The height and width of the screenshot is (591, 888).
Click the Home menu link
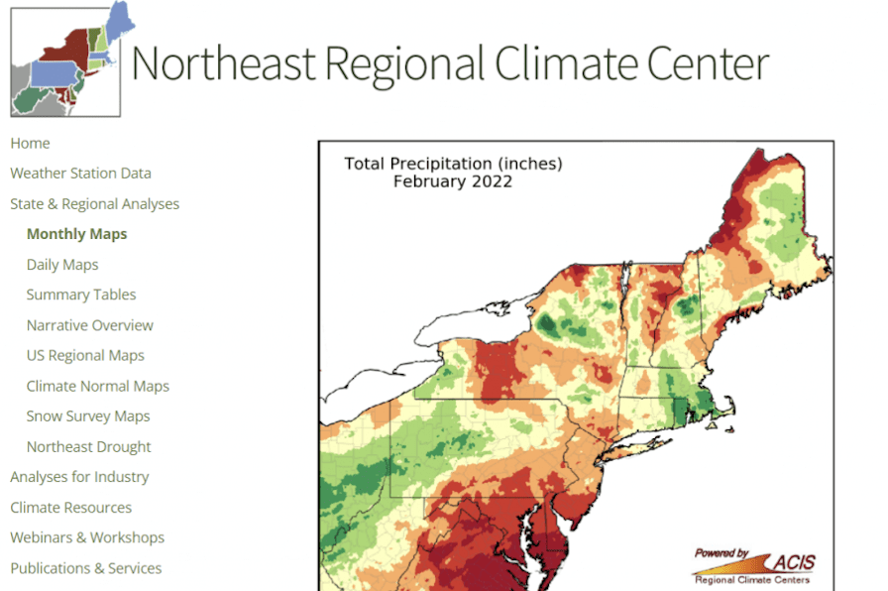30,143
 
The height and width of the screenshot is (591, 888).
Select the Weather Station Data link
80,174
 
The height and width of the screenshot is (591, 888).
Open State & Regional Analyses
94,204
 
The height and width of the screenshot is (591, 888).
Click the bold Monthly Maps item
76,234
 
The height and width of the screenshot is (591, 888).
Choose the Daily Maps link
62,265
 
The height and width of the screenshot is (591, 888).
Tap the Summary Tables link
81,295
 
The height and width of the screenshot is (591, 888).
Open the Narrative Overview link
90,325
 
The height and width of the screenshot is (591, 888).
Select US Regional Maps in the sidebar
85,355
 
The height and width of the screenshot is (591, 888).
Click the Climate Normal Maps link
98,386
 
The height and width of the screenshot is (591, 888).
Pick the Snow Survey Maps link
88,416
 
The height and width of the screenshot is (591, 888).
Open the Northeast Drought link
89,446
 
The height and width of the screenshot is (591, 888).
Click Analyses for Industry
79,477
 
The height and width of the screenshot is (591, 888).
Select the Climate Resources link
70,508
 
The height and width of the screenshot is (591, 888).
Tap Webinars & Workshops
87,537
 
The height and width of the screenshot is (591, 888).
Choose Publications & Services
85,568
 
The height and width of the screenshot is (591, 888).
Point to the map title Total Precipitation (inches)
453,164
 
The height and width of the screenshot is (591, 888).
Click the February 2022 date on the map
452,181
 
